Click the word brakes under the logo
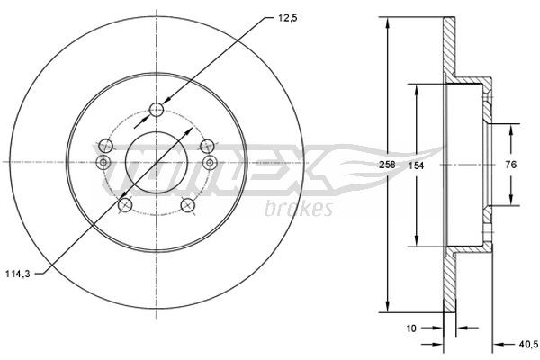point(299,209)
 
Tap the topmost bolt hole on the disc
point(157,110)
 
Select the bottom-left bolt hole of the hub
point(123,204)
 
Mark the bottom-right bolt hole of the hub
point(188,204)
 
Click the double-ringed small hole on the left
point(102,162)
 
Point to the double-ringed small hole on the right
point(210,162)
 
